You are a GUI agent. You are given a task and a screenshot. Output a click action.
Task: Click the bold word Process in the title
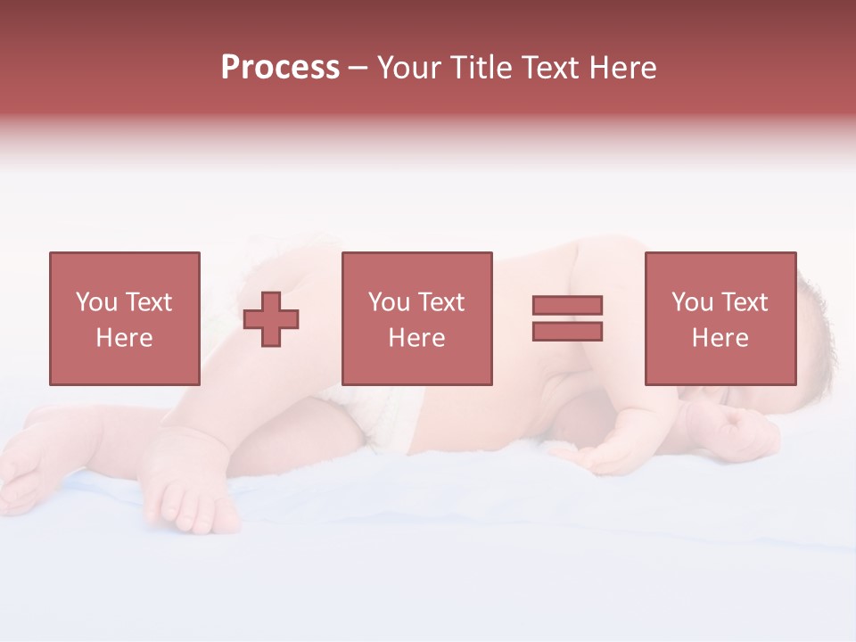[280, 68]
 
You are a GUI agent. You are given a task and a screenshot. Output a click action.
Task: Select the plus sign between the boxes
[271, 319]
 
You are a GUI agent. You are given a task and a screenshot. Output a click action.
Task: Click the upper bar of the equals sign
[567, 305]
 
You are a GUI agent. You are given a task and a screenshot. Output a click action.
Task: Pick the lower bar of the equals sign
[567, 332]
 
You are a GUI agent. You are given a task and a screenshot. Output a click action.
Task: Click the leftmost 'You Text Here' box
[124, 318]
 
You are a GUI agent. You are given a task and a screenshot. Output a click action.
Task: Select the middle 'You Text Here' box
[416, 318]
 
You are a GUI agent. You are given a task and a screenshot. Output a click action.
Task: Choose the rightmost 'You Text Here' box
[720, 318]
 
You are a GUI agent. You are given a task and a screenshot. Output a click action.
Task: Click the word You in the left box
[95, 302]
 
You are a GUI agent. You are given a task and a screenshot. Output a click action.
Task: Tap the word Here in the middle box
[416, 338]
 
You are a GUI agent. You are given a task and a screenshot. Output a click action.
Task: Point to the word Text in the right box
[743, 302]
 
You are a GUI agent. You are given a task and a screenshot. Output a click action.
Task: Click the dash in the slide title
[358, 68]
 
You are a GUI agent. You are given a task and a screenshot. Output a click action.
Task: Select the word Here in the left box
[124, 338]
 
